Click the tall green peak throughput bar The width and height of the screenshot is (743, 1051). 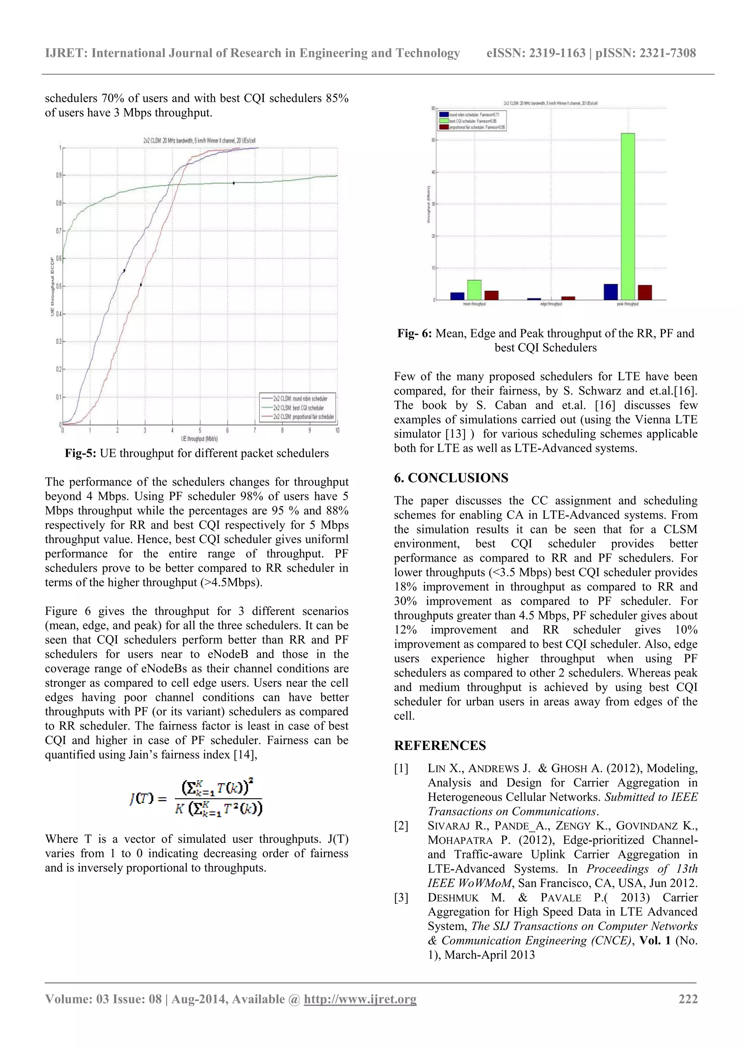pos(627,216)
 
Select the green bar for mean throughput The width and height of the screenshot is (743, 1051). pos(474,290)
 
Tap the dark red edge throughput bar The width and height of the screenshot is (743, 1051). pos(568,298)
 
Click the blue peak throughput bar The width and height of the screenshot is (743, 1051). pos(610,292)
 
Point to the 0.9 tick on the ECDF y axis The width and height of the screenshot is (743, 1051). pos(59,175)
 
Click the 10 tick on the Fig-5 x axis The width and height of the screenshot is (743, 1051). pos(337,430)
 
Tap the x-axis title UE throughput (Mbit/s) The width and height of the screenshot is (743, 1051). pos(200,439)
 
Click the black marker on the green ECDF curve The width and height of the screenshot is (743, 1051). pos(234,183)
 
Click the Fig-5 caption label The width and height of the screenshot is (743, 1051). pos(80,453)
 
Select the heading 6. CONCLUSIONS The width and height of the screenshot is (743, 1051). pos(451,477)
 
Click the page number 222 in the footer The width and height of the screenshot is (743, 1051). pos(687,999)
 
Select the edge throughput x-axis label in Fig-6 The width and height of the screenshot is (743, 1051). pos(551,304)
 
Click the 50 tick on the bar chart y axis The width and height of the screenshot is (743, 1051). pos(433,140)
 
